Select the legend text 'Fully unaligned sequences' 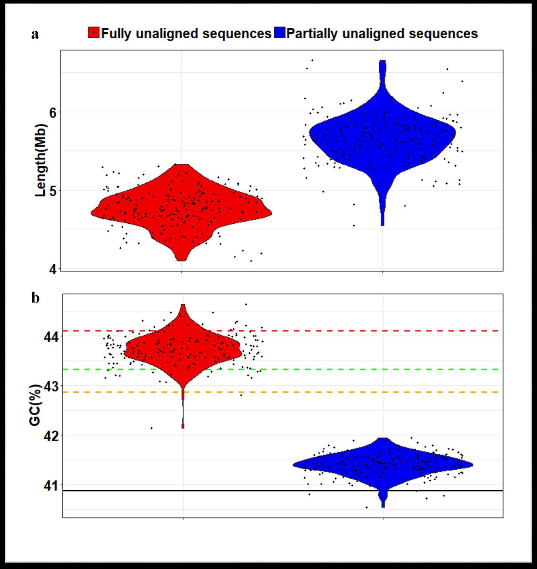tap(186, 34)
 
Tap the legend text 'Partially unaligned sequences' tap(382, 34)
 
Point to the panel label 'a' tap(35, 34)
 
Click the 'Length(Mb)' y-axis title tap(41, 160)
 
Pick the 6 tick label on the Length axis tap(52, 112)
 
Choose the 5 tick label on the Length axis tap(52, 191)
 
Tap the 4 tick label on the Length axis tap(52, 269)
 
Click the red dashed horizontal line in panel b tap(349, 331)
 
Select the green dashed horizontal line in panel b tap(349, 369)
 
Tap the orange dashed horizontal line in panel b tap(349, 392)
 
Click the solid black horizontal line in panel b tap(262, 491)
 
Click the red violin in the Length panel tap(181, 209)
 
